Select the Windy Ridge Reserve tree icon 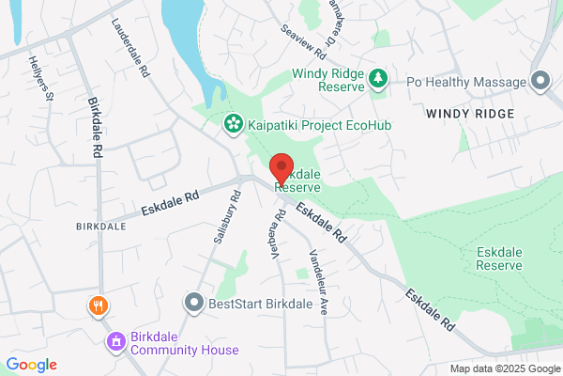pos(378,79)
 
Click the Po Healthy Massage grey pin pos(540,82)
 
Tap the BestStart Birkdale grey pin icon pos(193,303)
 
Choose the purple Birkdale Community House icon pos(117,340)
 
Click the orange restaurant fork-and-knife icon pos(97,306)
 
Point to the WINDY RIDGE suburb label pos(470,114)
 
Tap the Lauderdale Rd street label pos(130,48)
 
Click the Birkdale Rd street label pos(95,127)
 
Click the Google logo pos(31,365)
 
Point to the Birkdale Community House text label pos(184,343)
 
